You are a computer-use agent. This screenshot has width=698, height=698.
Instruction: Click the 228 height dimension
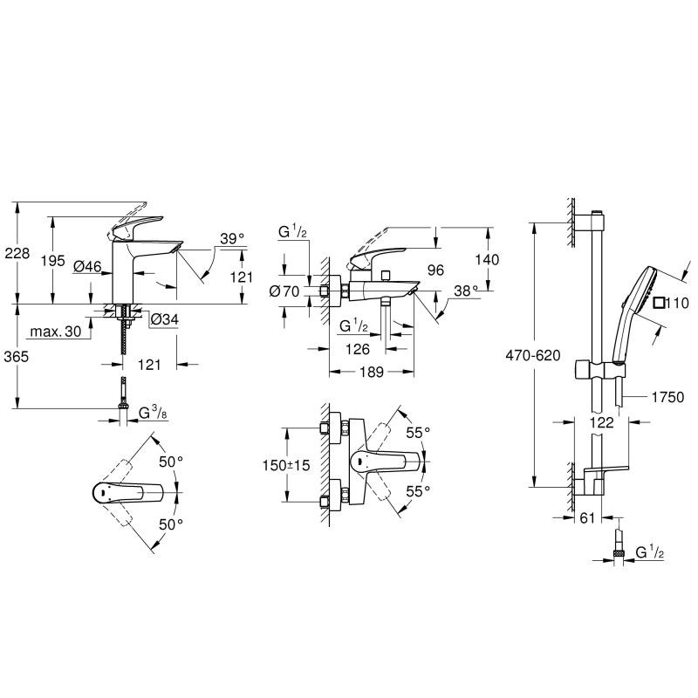click(17, 253)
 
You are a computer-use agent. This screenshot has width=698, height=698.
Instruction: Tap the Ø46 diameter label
click(88, 265)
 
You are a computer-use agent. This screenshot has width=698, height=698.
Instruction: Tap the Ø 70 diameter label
click(285, 291)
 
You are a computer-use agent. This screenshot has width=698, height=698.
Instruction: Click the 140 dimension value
click(488, 258)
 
